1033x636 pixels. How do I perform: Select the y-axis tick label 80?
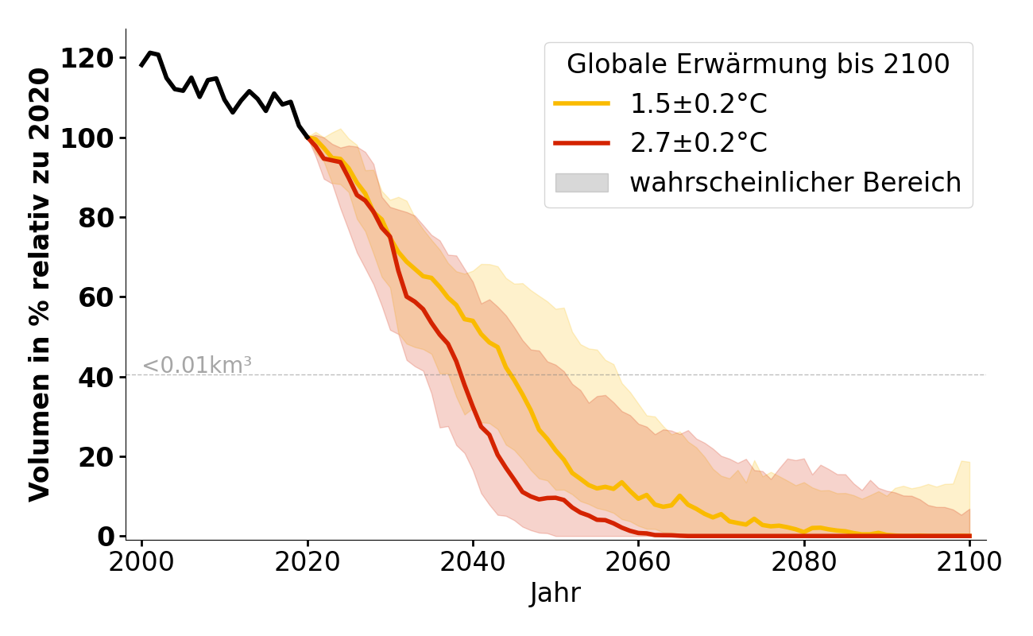pyautogui.click(x=95, y=218)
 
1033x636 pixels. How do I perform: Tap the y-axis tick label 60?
pyautogui.click(x=95, y=297)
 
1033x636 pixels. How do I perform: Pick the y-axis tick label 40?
pyautogui.click(x=95, y=377)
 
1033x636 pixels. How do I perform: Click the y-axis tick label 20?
pyautogui.click(x=95, y=457)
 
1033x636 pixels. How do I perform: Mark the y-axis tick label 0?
pyautogui.click(x=105, y=537)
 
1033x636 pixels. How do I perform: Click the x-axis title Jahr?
pyautogui.click(x=555, y=594)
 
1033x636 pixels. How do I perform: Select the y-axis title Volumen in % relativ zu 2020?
pyautogui.click(x=40, y=285)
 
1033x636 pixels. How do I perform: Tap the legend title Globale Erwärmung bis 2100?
pyautogui.click(x=758, y=64)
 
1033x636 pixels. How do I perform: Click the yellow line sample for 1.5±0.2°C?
pyautogui.click(x=582, y=103)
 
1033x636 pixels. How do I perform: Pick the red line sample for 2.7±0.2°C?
pyautogui.click(x=582, y=143)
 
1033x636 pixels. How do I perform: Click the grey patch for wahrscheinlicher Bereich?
pyautogui.click(x=582, y=183)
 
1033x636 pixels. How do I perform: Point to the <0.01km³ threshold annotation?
pyautogui.click(x=197, y=366)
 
